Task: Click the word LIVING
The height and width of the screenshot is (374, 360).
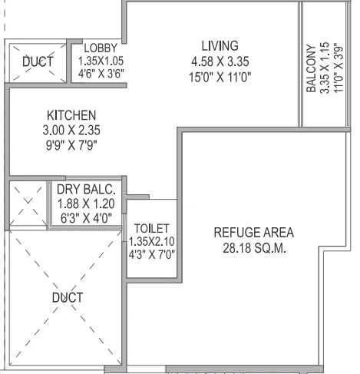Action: click(220, 45)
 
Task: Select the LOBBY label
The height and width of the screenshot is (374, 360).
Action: click(101, 47)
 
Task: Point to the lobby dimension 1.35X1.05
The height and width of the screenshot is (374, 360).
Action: click(101, 60)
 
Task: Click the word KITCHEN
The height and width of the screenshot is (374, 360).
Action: click(70, 117)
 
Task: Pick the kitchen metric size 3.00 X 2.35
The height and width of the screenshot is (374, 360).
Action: click(70, 131)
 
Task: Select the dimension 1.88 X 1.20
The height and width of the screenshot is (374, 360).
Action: click(86, 204)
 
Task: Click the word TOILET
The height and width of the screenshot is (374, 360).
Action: click(150, 229)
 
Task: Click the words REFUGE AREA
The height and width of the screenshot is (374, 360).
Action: click(253, 232)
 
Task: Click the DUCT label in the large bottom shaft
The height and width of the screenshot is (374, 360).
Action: click(67, 296)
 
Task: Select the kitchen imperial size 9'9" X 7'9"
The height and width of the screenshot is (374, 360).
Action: click(70, 145)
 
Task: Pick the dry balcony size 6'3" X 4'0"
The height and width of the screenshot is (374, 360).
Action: click(86, 217)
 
